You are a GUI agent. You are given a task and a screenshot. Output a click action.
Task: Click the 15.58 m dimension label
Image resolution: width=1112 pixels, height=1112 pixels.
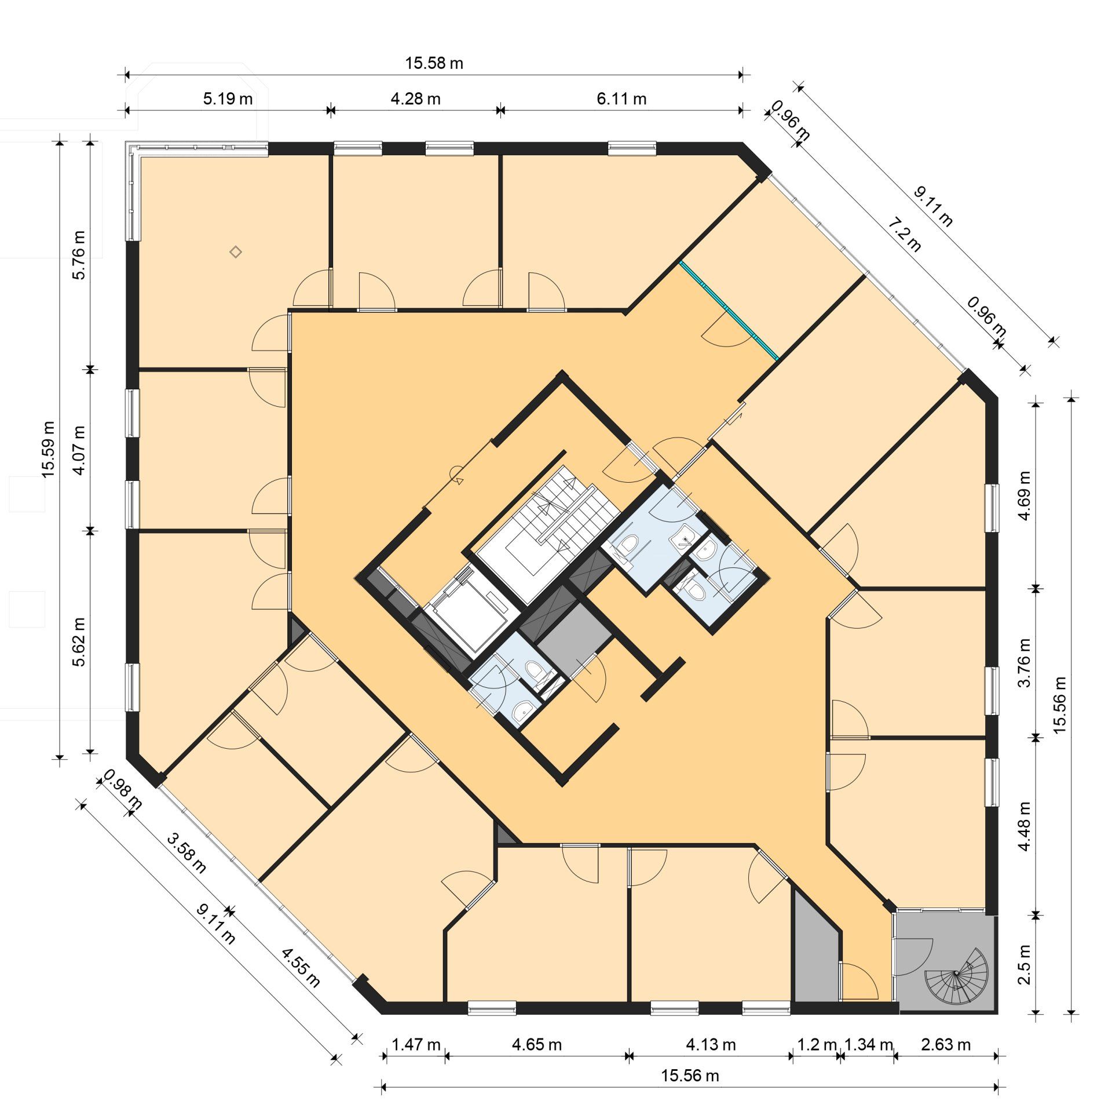click(x=434, y=63)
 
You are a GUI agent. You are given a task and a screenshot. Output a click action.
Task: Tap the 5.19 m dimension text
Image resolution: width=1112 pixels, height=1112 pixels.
click(x=228, y=99)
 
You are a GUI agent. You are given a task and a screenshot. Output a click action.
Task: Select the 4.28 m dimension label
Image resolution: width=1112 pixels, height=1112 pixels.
click(x=415, y=99)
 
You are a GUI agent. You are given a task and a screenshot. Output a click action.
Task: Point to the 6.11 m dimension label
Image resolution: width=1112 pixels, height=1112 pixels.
click(x=621, y=99)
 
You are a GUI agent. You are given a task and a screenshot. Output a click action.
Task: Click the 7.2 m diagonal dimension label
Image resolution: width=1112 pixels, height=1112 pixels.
click(x=904, y=233)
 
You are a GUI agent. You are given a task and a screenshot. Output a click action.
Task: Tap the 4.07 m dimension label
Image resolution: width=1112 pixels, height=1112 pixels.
click(x=79, y=450)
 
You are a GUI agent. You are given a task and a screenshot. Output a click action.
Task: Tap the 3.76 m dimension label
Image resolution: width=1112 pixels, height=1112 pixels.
click(x=1025, y=662)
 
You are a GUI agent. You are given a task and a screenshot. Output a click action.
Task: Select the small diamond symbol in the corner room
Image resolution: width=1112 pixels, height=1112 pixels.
click(x=235, y=251)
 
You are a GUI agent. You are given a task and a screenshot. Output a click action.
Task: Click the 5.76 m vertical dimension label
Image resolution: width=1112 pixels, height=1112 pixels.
click(x=79, y=255)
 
